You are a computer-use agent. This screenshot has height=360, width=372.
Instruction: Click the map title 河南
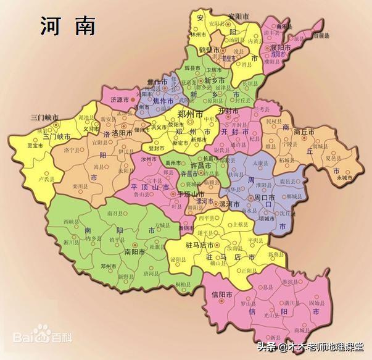(68, 25)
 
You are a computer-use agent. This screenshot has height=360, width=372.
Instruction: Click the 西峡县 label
(72, 220)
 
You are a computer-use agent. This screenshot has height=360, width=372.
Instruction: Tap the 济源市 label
(120, 99)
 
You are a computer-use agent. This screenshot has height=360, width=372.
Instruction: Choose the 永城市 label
(346, 178)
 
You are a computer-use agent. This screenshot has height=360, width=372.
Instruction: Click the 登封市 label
(157, 148)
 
